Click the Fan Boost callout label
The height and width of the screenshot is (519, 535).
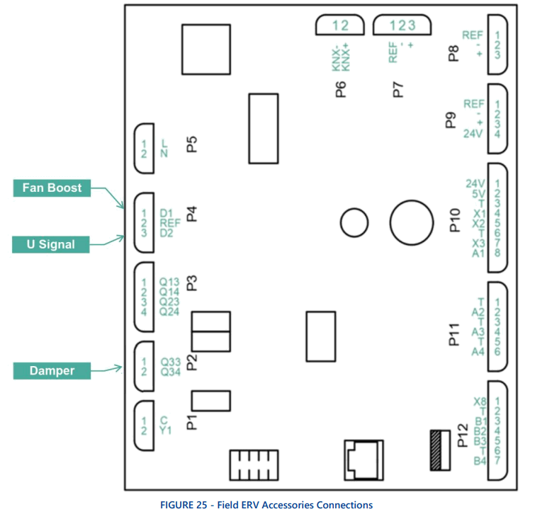click(x=52, y=188)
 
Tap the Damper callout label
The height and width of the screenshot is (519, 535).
click(x=52, y=370)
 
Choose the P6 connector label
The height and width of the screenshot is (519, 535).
click(x=341, y=89)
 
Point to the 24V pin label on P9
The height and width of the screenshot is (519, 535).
click(x=473, y=133)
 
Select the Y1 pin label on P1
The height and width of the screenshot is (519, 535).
click(x=166, y=428)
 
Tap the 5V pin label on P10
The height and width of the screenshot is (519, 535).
click(x=478, y=193)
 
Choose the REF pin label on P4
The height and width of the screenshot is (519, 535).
click(x=171, y=222)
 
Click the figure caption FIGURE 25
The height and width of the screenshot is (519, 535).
click(x=266, y=506)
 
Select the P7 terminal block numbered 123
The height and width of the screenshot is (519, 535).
click(x=402, y=26)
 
